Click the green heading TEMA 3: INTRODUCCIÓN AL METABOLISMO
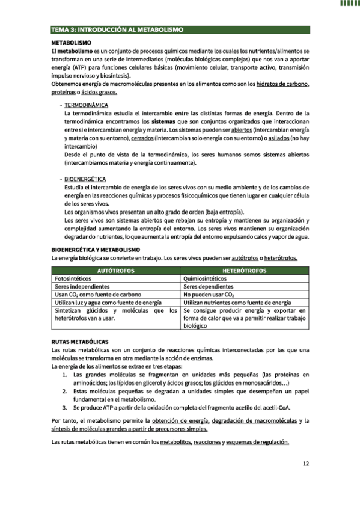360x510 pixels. point(117,29)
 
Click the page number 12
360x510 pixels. point(305,463)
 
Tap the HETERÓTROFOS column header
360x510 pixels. point(245,271)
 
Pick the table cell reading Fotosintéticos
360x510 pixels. point(73,279)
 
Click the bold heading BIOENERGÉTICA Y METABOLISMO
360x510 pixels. point(96,249)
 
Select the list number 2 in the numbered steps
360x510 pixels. point(66,391)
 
